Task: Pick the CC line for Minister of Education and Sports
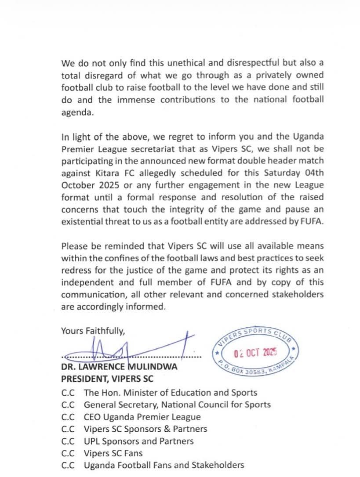[x=170, y=393]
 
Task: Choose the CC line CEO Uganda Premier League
[x=142, y=417]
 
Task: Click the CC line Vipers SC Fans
[x=113, y=453]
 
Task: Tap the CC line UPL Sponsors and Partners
[x=138, y=441]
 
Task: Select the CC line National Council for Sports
[x=177, y=405]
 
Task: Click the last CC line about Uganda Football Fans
[x=164, y=465]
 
